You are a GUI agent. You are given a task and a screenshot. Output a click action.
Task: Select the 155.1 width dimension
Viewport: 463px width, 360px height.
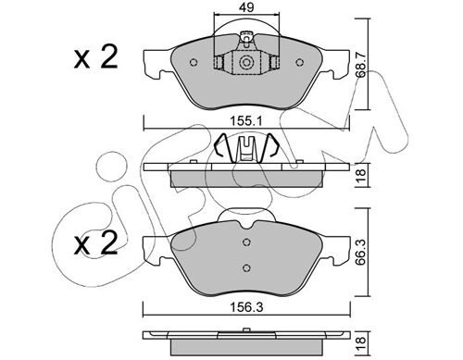(246, 119)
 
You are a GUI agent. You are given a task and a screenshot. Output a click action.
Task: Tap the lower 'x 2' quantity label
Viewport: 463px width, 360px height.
(95, 245)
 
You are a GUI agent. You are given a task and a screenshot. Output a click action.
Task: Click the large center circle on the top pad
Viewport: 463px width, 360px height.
(247, 62)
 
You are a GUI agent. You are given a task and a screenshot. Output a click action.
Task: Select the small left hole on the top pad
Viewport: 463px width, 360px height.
(193, 63)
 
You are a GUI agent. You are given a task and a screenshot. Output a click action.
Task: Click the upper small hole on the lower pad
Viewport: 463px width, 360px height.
(245, 243)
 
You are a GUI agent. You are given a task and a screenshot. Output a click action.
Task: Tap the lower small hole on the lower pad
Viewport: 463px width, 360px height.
(245, 268)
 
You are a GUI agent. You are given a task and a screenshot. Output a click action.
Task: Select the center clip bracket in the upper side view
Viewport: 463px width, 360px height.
(246, 148)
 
